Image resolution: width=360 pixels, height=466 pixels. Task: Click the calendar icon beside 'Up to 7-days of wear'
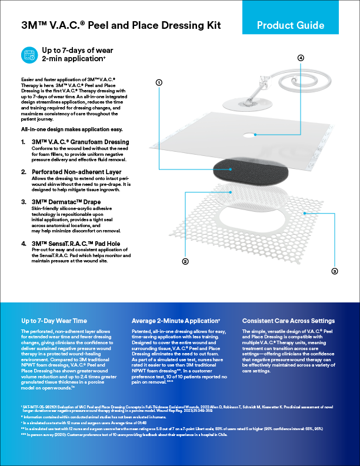(29, 55)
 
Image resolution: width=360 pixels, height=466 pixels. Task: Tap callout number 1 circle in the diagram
(159, 83)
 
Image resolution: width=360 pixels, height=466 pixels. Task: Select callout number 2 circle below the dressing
(185, 261)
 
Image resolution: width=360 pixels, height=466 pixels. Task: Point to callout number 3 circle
(335, 271)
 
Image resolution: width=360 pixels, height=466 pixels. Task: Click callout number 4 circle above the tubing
(301, 58)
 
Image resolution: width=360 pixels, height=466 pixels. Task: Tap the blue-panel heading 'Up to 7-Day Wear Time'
(54, 321)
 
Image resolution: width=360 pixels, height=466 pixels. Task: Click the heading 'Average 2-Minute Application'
(176, 321)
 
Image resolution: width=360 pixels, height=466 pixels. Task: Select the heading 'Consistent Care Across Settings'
(288, 321)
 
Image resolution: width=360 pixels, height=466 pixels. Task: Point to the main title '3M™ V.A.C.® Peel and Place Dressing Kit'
(111, 25)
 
